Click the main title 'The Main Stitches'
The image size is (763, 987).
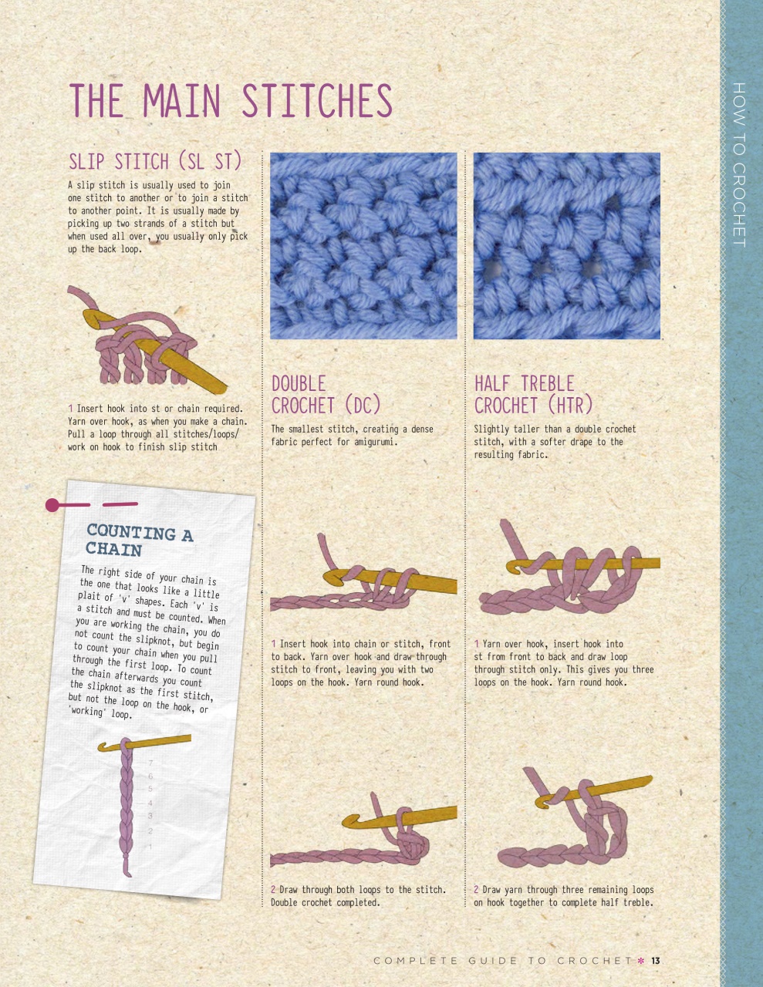click(x=231, y=100)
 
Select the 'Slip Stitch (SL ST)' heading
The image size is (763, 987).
click(x=155, y=161)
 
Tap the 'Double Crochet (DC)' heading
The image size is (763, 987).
click(x=326, y=394)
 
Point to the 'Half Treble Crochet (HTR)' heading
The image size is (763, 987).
click(x=533, y=394)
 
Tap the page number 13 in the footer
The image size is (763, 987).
click(x=655, y=961)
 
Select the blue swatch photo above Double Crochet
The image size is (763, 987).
click(x=363, y=246)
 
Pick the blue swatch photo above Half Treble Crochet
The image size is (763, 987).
click(x=566, y=246)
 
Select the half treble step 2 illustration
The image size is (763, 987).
click(x=574, y=821)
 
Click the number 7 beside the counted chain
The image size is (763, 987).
click(x=150, y=763)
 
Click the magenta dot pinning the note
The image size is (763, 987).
click(x=52, y=505)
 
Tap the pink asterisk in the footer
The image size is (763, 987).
click(x=640, y=961)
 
